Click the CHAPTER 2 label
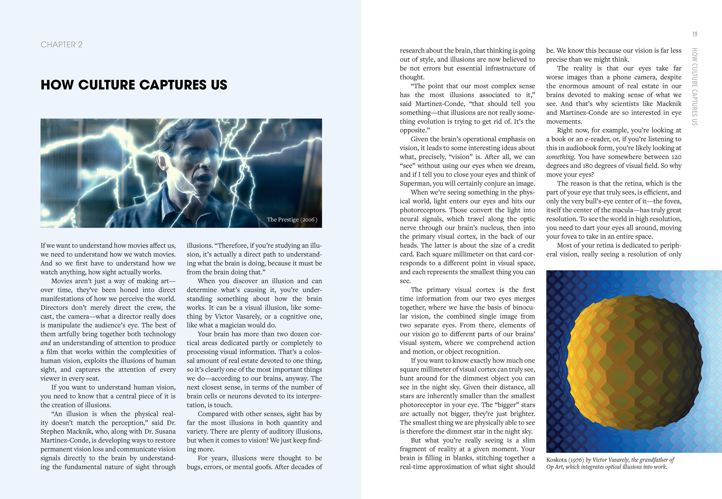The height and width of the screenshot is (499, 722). pyautogui.click(x=61, y=45)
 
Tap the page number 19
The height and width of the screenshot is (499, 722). pyautogui.click(x=695, y=34)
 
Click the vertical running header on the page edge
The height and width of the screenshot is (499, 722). pyautogui.click(x=695, y=86)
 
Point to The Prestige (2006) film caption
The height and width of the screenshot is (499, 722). pyautogui.click(x=292, y=220)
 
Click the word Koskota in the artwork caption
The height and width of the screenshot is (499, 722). pyautogui.click(x=556, y=460)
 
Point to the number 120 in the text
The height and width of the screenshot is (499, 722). pyautogui.click(x=676, y=157)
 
